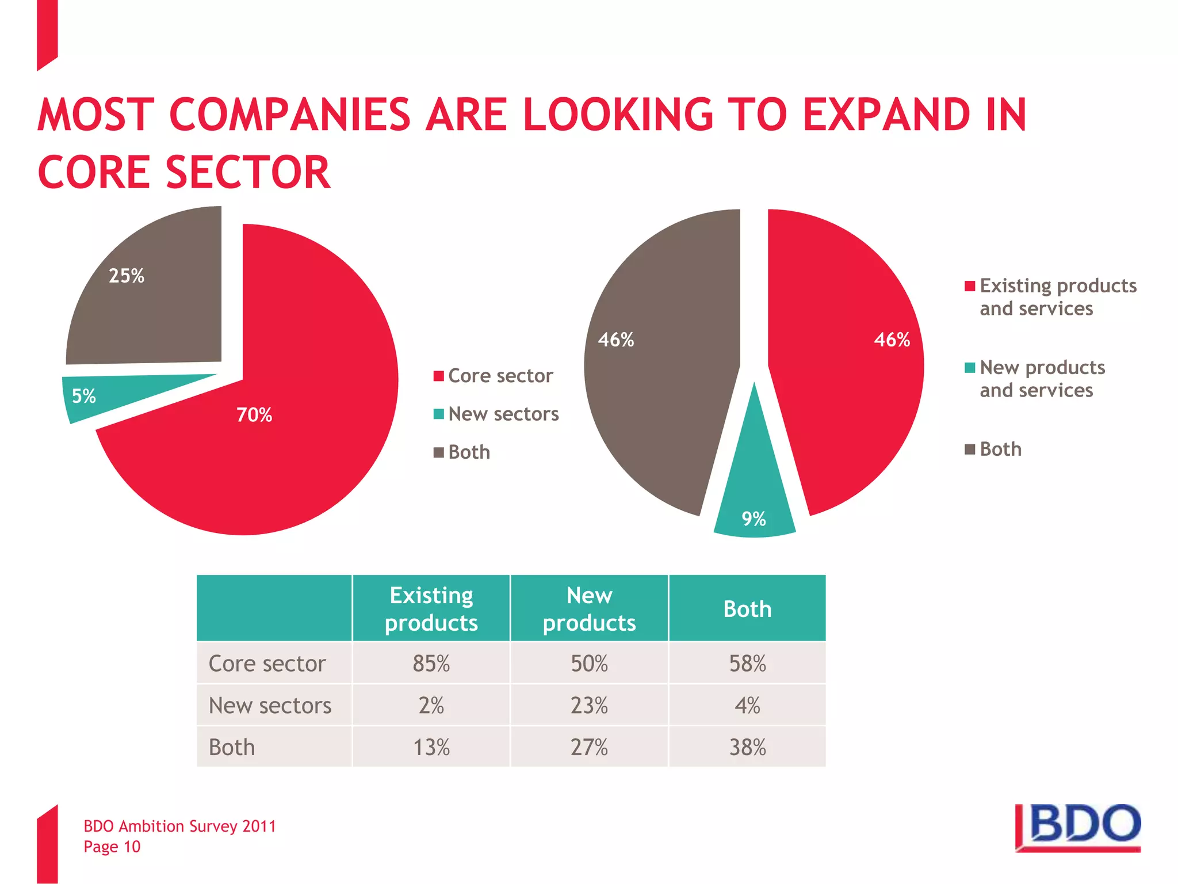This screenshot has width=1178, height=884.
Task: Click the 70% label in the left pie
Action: [254, 415]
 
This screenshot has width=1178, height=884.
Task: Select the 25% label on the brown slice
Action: [127, 276]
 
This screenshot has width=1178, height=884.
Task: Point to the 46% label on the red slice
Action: [892, 340]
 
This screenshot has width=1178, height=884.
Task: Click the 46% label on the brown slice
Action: [616, 340]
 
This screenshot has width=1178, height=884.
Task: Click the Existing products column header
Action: [431, 608]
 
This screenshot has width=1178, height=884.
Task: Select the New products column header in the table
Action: [589, 608]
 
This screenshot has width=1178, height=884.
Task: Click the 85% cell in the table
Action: [431, 664]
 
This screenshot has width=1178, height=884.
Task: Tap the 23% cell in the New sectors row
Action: [589, 706]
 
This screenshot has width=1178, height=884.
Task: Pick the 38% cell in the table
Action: [747, 748]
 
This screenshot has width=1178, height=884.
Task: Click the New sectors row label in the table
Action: [270, 706]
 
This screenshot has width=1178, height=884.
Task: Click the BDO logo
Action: [1080, 828]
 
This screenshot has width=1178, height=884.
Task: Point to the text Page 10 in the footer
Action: [112, 847]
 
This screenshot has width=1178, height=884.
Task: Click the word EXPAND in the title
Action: [886, 115]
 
